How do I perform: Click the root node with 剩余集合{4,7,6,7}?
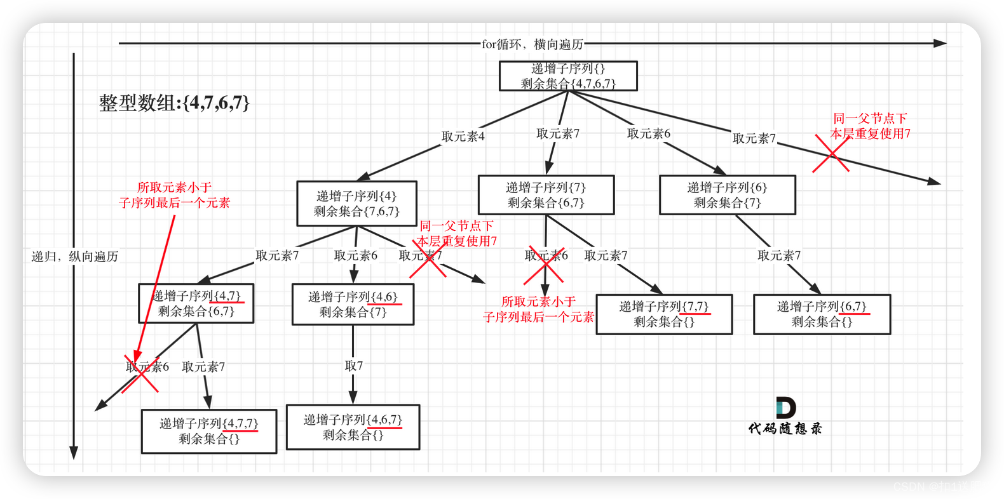tap(568, 76)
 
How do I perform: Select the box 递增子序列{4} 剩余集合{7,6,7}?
tap(356, 204)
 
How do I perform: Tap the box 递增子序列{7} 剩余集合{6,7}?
tap(546, 195)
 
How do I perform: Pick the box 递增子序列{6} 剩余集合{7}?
tap(727, 195)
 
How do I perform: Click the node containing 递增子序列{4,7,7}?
tap(209, 431)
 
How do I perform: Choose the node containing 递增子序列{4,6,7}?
tap(353, 427)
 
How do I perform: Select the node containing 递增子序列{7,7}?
tap(664, 314)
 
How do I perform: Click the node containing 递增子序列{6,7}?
tap(822, 314)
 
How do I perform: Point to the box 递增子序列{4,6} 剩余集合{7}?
tap(353, 305)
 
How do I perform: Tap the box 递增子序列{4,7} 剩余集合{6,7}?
tap(196, 303)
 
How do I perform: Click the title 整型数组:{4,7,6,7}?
tap(174, 103)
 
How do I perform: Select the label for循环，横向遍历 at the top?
tap(532, 44)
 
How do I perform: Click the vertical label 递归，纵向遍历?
tap(75, 256)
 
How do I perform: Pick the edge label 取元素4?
tap(463, 136)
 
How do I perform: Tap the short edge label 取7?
tap(353, 366)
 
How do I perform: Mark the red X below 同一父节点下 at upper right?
tap(831, 154)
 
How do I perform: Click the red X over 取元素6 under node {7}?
tap(544, 265)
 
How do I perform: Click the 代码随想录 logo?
tap(785, 416)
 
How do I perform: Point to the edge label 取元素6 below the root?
tap(648, 134)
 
